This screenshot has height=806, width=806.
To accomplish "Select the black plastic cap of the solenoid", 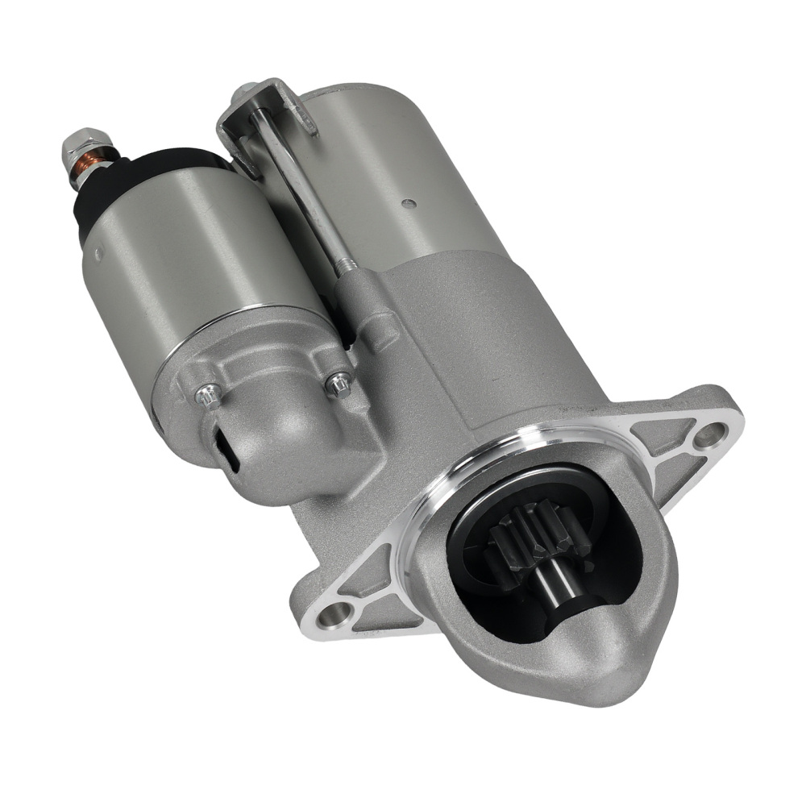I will coord(121,181).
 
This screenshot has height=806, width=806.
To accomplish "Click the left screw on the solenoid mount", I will coord(208,395).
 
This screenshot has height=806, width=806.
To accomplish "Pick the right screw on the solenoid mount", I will coord(339,384).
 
